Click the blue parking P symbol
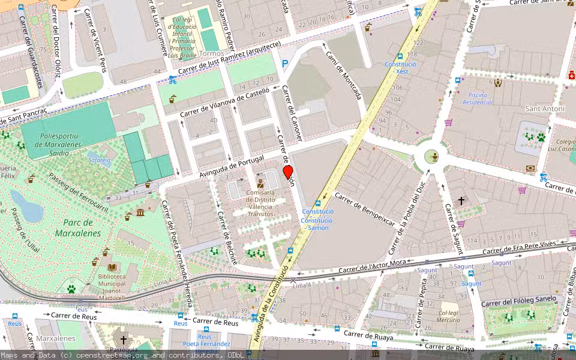[x=284, y=62]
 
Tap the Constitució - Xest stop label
[x=400, y=67]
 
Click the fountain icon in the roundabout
[x=431, y=157]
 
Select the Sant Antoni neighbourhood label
[x=545, y=109]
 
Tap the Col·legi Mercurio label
[x=449, y=316]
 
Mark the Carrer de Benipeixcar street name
[x=365, y=209]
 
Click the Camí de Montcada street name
[x=344, y=75]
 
